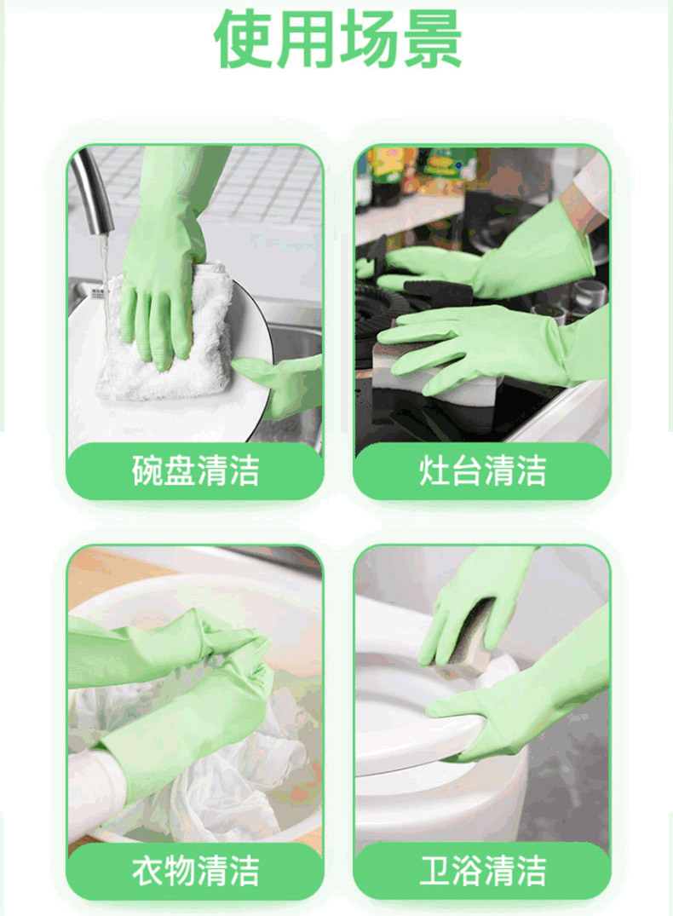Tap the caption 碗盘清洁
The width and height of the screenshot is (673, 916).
195,471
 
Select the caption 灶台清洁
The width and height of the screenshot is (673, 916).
482,471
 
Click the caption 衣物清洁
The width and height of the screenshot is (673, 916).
195,871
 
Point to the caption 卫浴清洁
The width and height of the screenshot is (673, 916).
482,871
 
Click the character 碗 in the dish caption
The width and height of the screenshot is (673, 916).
147,471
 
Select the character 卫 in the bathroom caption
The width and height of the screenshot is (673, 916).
434,871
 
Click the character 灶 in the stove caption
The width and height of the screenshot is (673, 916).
434,471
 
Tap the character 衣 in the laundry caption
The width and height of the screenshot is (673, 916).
147,871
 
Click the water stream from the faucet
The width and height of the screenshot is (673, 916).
105,280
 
